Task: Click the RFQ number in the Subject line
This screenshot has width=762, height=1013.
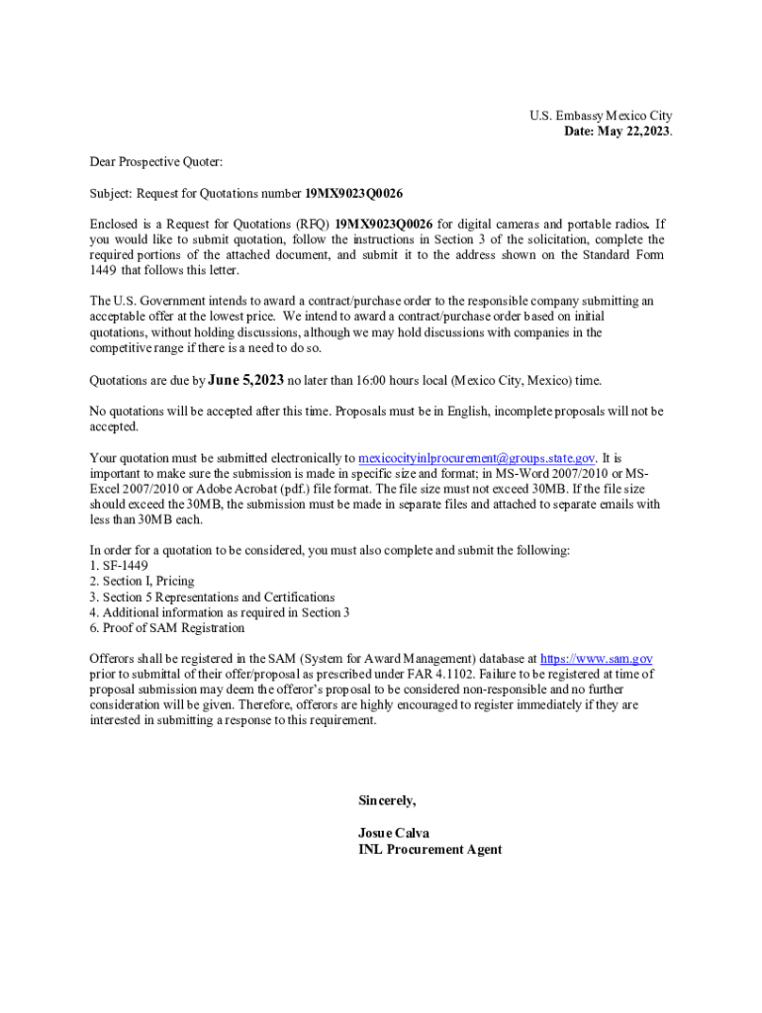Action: [x=353, y=193]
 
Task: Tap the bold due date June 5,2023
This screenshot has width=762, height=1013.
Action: [x=245, y=380]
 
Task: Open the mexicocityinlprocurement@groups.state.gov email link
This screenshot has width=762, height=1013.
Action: [x=476, y=458]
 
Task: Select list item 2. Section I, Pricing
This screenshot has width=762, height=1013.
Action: [x=142, y=582]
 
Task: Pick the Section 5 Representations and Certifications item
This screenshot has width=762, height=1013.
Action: [x=212, y=598]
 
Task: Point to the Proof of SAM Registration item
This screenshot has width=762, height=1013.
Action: [x=167, y=628]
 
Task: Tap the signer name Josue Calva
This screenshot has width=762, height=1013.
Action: [x=394, y=833]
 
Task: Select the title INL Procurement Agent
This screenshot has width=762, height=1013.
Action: [x=429, y=849]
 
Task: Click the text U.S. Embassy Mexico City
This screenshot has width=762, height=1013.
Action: [x=601, y=117]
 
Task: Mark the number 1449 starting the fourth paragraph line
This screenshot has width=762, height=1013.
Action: [x=103, y=270]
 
